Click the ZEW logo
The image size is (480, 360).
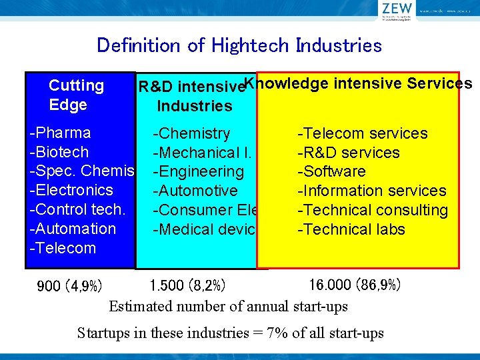coord(398,11)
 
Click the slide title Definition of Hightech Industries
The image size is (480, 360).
coord(239,45)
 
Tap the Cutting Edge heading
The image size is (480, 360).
coord(76,95)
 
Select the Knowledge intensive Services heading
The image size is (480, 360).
coord(358,83)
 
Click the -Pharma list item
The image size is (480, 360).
coord(61,133)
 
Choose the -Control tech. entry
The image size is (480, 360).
coord(77,209)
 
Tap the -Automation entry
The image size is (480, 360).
coord(73,229)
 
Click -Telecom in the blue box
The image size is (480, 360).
coord(63,248)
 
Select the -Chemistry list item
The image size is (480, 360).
coord(191,133)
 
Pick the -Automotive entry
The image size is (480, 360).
coord(195,191)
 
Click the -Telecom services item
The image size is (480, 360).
coord(362,133)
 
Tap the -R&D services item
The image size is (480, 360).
coord(348,153)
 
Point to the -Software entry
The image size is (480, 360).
coord(331,171)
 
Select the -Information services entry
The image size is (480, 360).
coord(371,191)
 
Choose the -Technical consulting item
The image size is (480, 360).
coord(372,210)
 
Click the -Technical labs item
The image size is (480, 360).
coord(351,229)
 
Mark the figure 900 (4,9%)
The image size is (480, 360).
coord(70,287)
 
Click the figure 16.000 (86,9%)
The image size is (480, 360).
coord(355,285)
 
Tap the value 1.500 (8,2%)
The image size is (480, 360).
coord(188,286)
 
